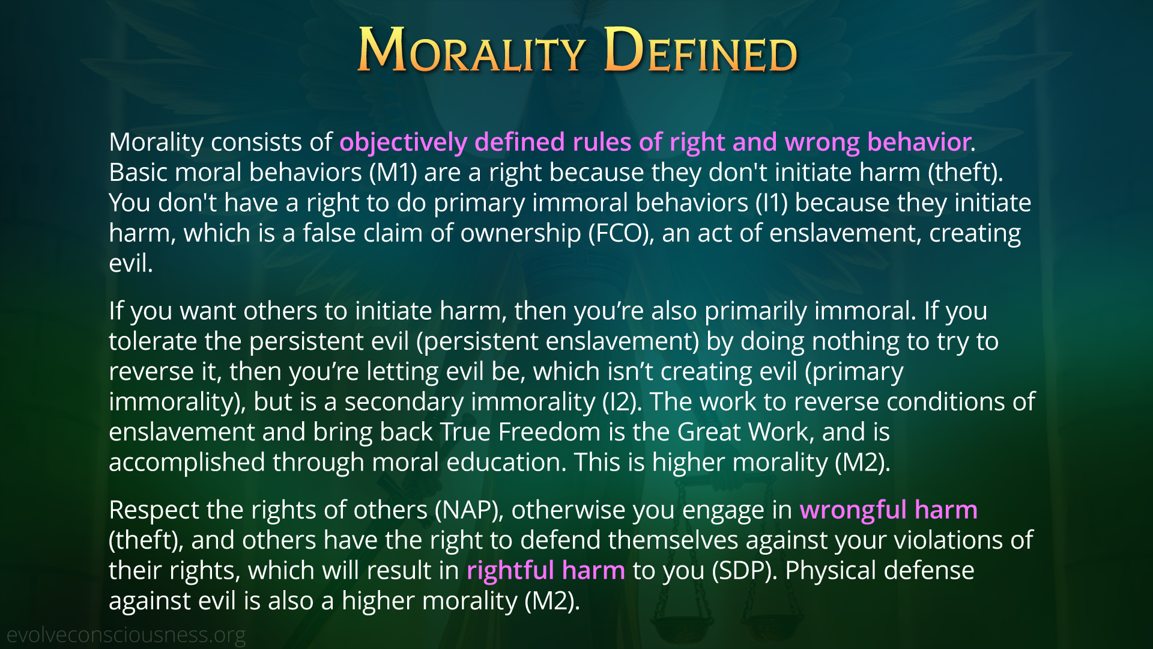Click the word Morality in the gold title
click(x=471, y=50)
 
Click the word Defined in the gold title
click(x=700, y=50)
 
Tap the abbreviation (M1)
click(x=393, y=173)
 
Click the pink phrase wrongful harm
click(x=888, y=510)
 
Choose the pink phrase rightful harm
click(x=546, y=570)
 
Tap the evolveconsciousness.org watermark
click(x=126, y=635)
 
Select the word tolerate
click(x=153, y=341)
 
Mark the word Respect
click(x=154, y=510)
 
